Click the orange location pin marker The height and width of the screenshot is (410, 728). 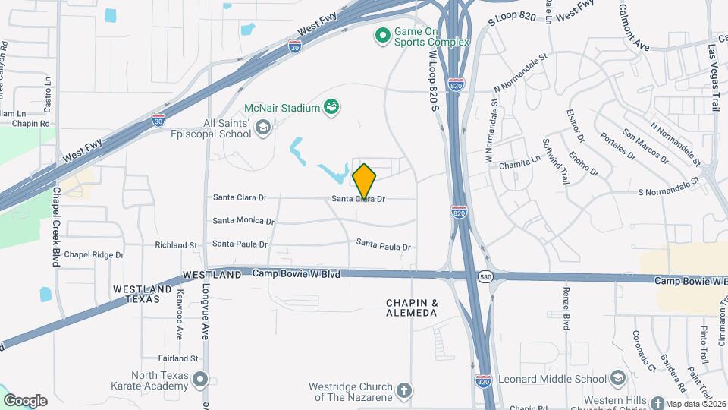pos(364,181)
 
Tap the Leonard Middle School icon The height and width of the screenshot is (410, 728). pos(617,378)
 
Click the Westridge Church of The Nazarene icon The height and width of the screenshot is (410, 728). pos(404,392)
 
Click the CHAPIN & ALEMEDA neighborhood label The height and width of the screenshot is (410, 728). pos(412,307)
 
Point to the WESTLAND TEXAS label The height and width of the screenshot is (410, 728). pos(137,294)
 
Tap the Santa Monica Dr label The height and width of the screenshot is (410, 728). pos(243,221)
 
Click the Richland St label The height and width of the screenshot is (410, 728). pos(176,245)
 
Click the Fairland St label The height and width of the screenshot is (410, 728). pos(178,358)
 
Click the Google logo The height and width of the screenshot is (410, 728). pos(25,400)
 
